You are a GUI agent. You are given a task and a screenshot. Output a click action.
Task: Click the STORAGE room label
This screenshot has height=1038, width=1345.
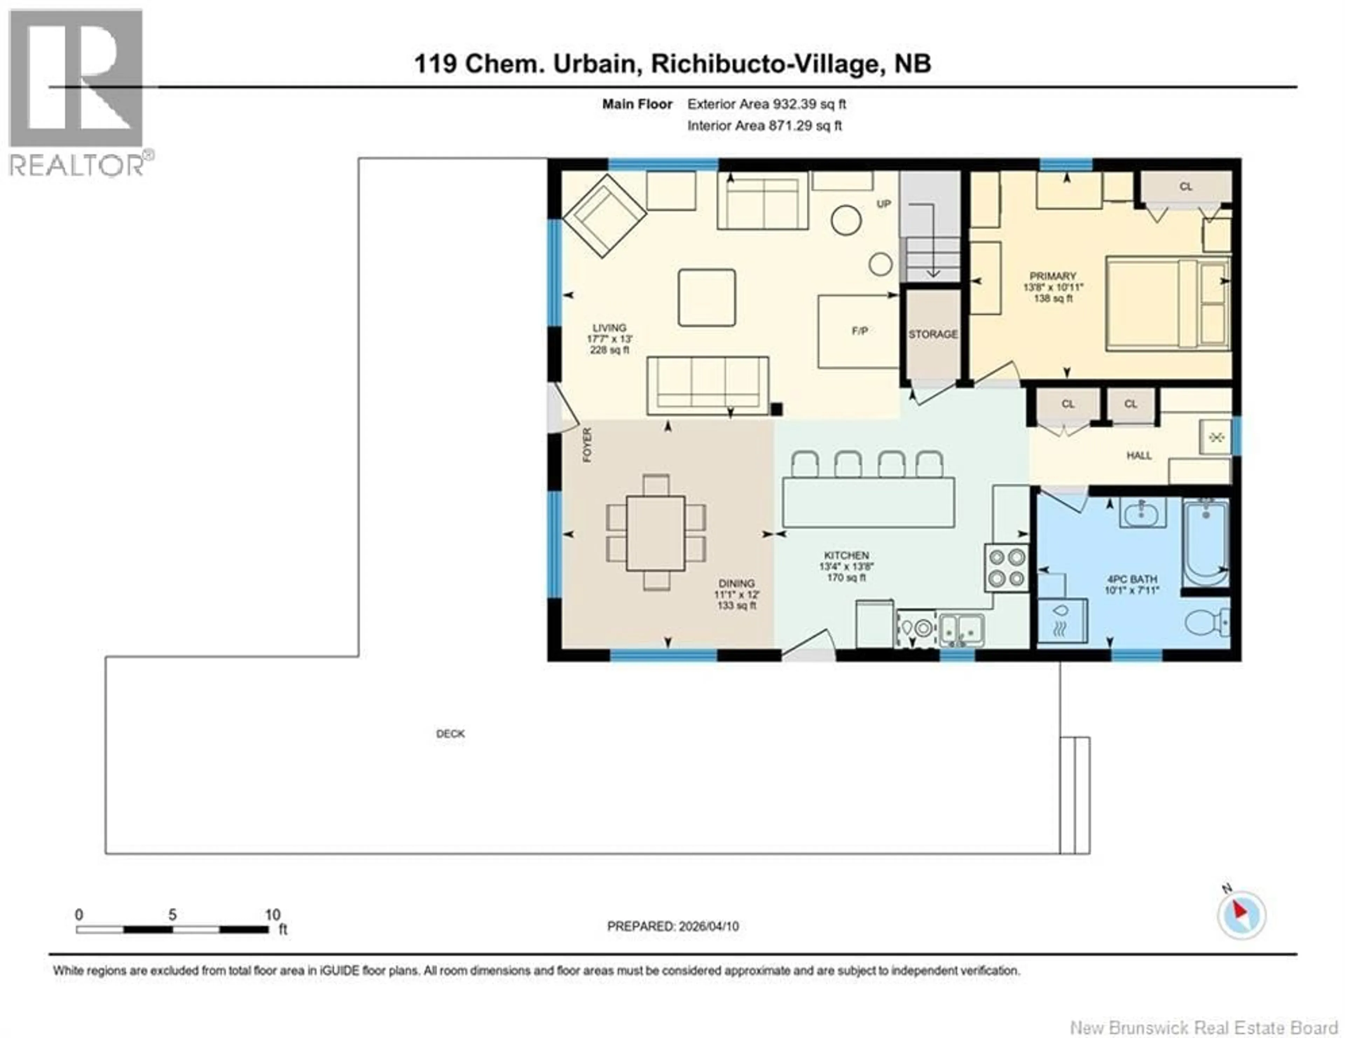pyautogui.click(x=932, y=334)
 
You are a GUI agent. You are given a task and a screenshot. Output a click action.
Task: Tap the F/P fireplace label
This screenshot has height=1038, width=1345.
pyautogui.click(x=860, y=331)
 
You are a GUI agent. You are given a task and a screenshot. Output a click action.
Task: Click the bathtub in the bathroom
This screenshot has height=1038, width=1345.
pyautogui.click(x=1205, y=544)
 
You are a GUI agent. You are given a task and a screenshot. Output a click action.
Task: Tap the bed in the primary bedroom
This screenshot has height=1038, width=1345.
pyautogui.click(x=1167, y=304)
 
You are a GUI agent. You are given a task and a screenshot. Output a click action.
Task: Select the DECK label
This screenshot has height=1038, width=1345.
pyautogui.click(x=450, y=734)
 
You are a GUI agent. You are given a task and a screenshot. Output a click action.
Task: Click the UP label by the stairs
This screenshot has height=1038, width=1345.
pyautogui.click(x=883, y=204)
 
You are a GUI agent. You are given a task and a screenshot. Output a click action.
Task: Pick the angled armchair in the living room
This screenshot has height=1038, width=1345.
pyautogui.click(x=604, y=215)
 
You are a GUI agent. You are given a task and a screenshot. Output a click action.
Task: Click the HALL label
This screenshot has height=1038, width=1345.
pyautogui.click(x=1139, y=456)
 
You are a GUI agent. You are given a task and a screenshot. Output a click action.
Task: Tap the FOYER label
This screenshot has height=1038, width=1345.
pyautogui.click(x=587, y=445)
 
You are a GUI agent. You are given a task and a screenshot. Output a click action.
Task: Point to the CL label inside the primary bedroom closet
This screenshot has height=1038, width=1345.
pyautogui.click(x=1186, y=187)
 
